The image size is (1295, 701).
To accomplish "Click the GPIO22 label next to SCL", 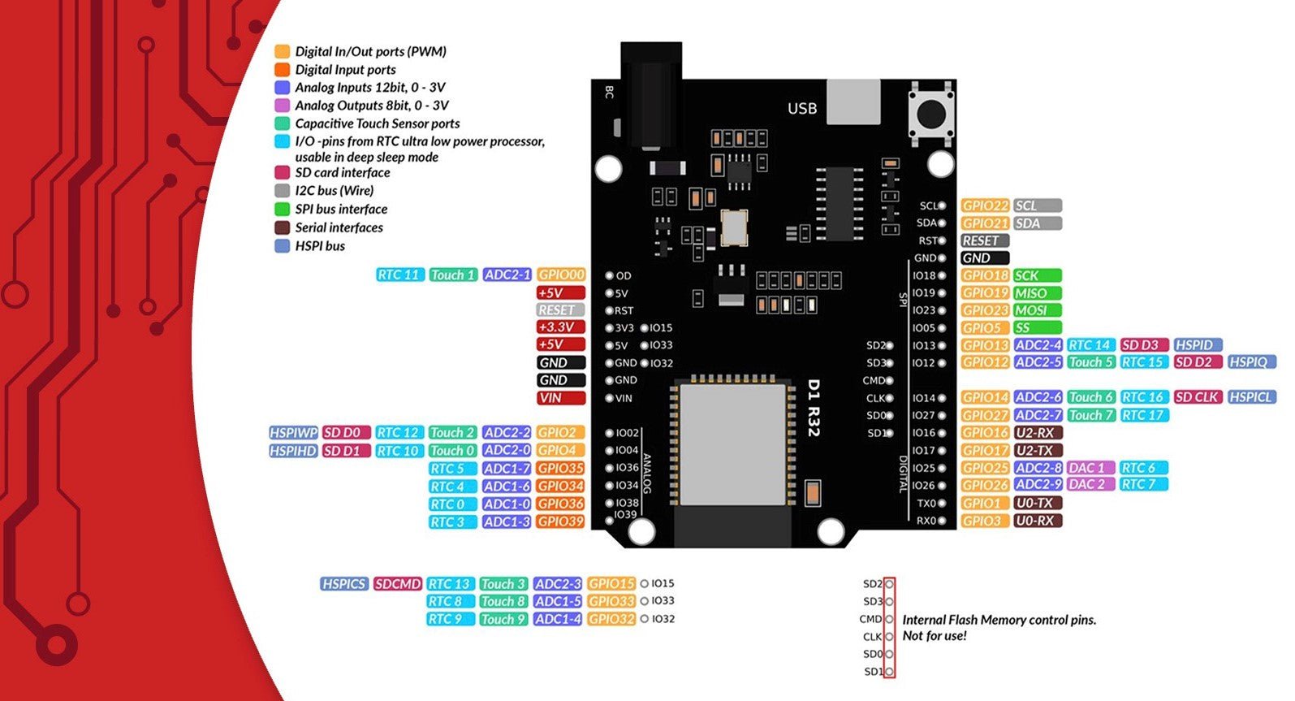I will pos(985,206).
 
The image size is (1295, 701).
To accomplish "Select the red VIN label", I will pos(559,398).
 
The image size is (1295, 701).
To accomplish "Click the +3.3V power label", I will pos(559,327).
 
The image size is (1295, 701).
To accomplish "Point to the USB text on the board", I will pos(801,109).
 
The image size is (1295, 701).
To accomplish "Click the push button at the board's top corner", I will pos(930,113).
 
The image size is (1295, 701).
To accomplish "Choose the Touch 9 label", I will pos(503,619).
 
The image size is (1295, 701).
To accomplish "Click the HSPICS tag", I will pos(344,584).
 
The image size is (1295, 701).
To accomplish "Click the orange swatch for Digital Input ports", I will pos(283,70).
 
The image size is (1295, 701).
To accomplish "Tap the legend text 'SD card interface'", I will pos(342,173).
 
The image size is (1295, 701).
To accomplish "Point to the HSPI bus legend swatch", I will pos(283,246).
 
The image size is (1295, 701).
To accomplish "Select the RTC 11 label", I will pos(399,275).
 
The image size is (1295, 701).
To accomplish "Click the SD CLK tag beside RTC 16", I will pos(1197,397).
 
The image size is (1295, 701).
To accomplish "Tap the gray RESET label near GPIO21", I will pos(984,241).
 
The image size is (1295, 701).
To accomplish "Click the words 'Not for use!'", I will pos(935,636).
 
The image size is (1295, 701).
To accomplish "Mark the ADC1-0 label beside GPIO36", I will pos(507,504).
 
